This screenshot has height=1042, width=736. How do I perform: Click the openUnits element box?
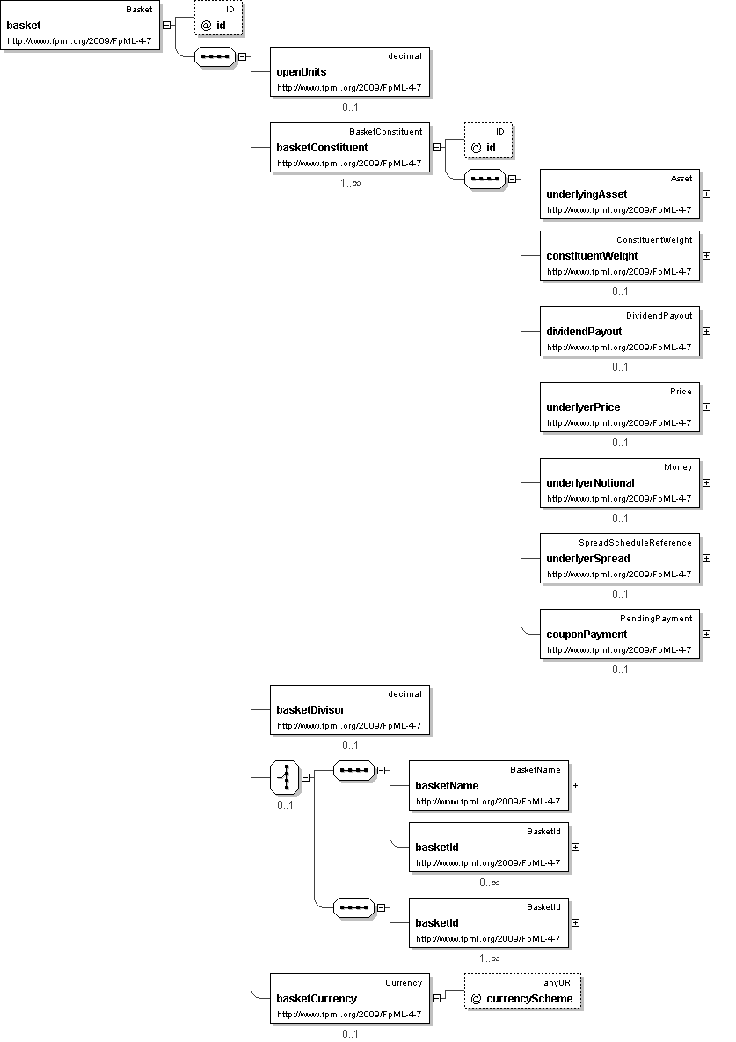click(350, 71)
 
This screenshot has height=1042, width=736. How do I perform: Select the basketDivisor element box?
click(350, 710)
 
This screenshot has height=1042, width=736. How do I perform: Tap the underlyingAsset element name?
click(587, 194)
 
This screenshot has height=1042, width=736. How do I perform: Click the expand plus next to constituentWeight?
click(706, 255)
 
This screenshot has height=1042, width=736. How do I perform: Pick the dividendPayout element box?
click(620, 331)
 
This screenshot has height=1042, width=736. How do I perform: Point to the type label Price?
click(681, 392)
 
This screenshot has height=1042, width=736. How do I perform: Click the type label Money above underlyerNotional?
click(678, 467)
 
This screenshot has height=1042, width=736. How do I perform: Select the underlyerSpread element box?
click(620, 558)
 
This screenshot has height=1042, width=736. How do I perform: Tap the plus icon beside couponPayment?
click(706, 634)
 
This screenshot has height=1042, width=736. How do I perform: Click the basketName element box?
click(489, 785)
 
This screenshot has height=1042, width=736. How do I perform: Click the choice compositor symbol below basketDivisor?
click(284, 777)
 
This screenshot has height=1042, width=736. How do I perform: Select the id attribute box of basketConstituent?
click(488, 141)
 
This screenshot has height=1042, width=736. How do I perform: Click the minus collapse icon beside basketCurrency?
click(436, 998)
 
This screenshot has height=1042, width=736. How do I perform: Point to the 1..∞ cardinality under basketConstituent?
click(350, 184)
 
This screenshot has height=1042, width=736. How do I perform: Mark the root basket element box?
click(81, 26)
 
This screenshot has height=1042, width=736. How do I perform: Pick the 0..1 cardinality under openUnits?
click(350, 108)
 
